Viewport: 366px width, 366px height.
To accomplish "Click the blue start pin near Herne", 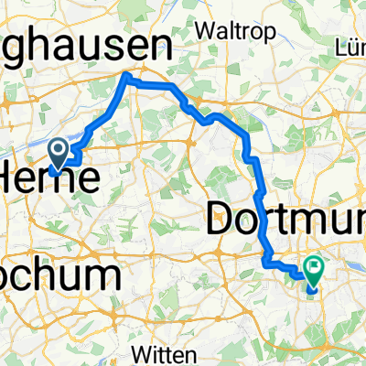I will pyautogui.click(x=57, y=152).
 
